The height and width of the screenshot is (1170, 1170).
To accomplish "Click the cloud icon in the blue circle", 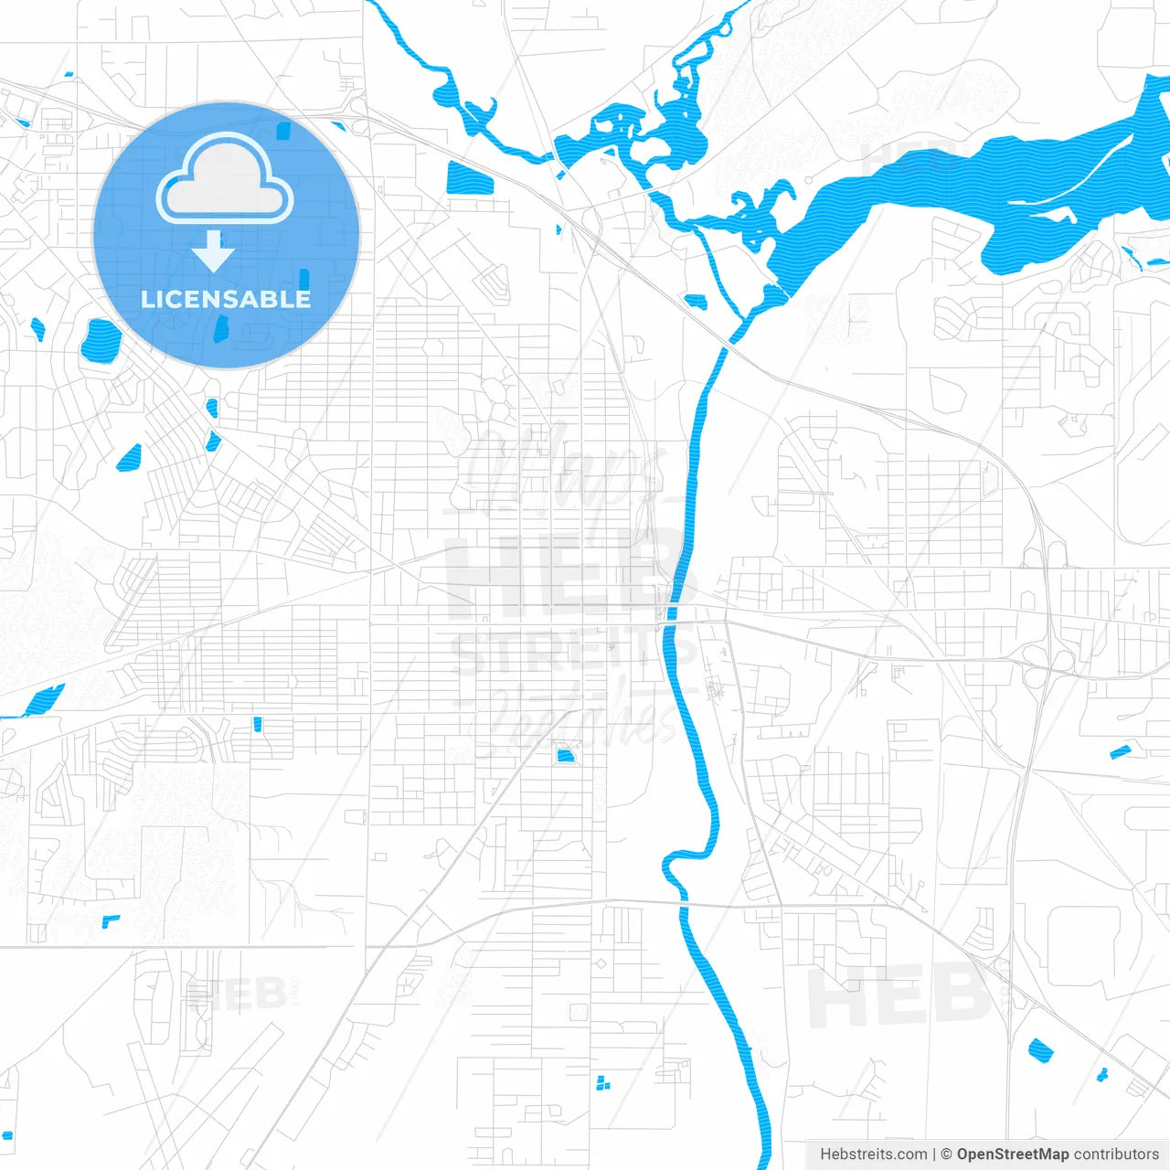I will click(225, 179).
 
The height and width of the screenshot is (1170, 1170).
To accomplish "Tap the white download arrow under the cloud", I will click(213, 251).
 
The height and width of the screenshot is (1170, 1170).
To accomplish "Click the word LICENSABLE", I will click(226, 299).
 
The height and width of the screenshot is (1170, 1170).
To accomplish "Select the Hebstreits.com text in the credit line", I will click(873, 1154).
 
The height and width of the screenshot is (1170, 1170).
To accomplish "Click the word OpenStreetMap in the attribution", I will click(1012, 1154).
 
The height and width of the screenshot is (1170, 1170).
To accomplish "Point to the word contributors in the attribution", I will click(1116, 1154).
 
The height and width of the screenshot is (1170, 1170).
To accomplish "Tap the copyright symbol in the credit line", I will click(946, 1154).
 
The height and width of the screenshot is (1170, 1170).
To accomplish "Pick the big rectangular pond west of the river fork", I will click(470, 178).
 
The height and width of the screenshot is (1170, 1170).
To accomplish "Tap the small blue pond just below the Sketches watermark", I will click(565, 755).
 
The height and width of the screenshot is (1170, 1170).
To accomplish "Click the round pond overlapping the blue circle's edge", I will click(101, 340).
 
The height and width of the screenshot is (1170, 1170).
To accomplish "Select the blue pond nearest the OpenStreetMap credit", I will click(1040, 1050).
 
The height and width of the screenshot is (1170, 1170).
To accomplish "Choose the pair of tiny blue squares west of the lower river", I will click(601, 1083).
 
